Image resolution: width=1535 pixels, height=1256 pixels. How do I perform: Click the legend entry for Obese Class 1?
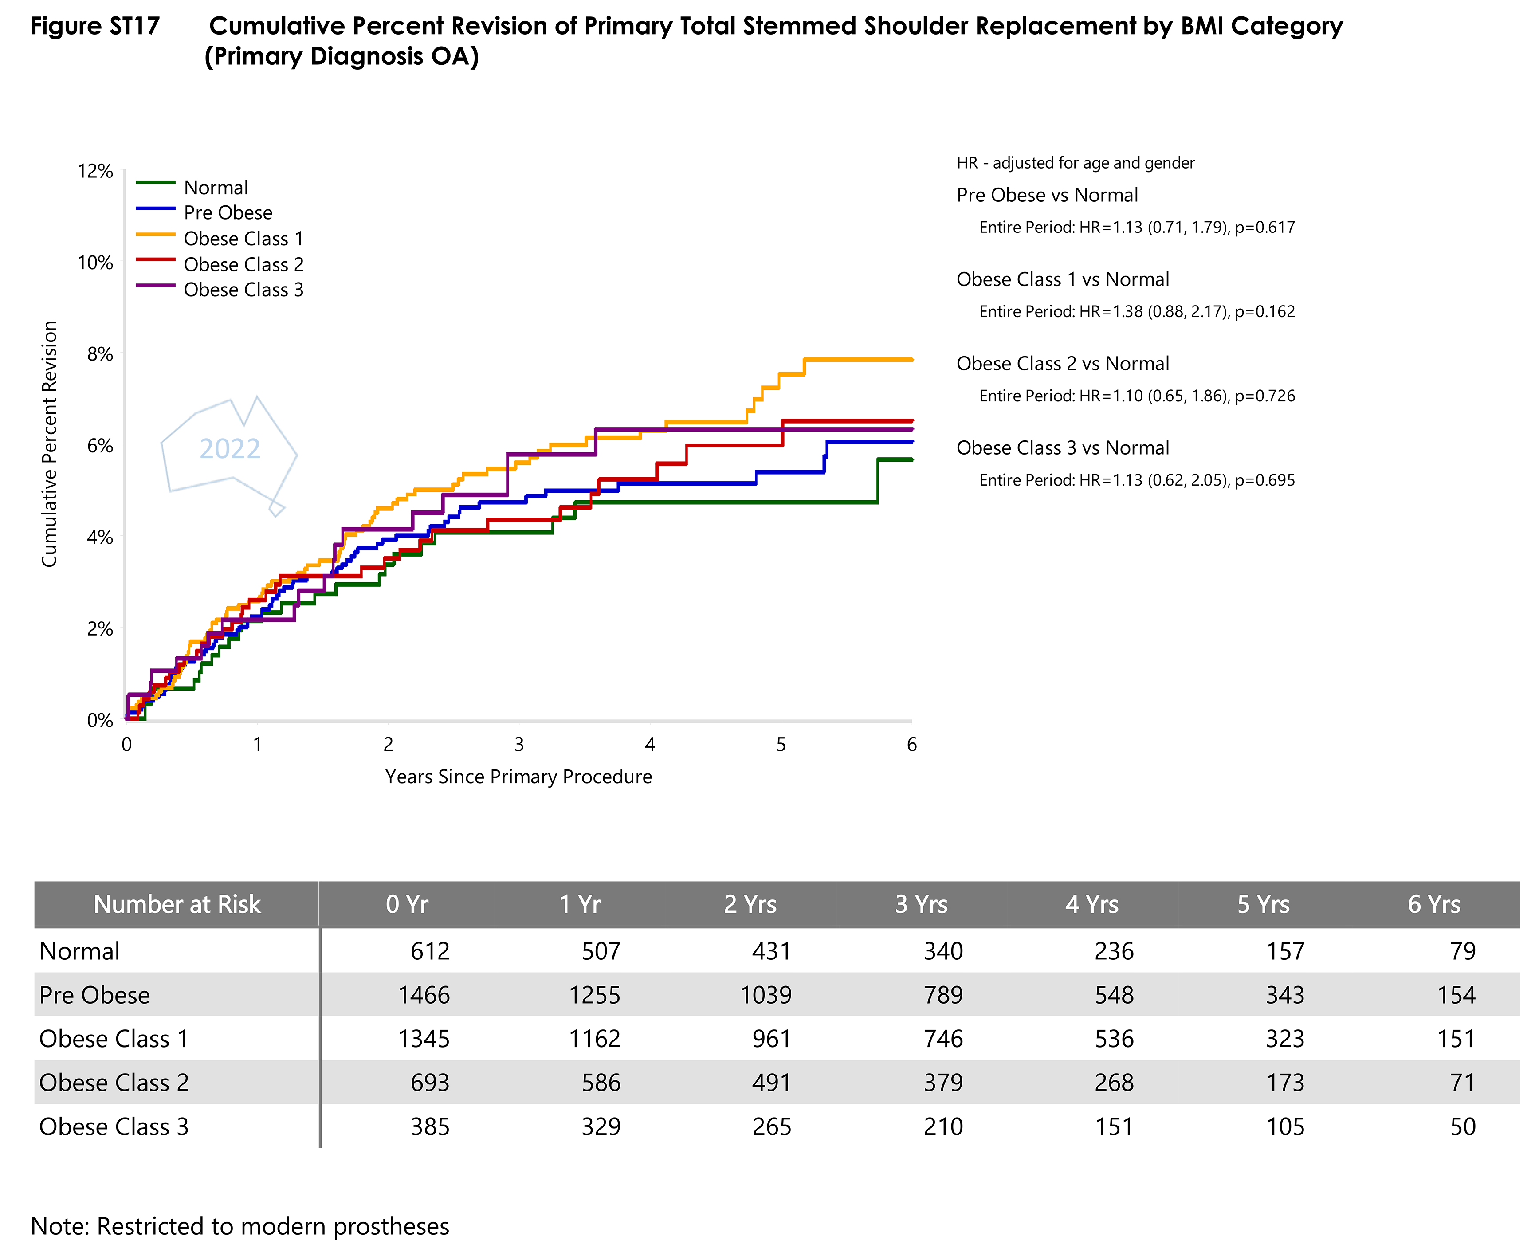point(243,239)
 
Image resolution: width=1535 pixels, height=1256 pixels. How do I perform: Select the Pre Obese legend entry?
point(228,213)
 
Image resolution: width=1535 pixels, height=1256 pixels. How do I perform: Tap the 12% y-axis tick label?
point(95,172)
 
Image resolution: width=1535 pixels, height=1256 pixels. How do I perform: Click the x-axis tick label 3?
point(518,745)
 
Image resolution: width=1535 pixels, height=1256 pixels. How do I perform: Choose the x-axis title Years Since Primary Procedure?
point(518,777)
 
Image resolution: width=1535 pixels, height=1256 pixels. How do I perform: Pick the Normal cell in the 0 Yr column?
point(430,951)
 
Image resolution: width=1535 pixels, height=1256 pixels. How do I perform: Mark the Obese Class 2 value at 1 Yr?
point(601,1082)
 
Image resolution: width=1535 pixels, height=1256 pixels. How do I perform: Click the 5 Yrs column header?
point(1263,904)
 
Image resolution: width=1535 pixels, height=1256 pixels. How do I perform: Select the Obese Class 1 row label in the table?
point(114,1039)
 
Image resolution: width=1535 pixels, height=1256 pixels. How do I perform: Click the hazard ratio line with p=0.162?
point(1136,312)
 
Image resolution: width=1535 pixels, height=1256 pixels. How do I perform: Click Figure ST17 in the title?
point(95,26)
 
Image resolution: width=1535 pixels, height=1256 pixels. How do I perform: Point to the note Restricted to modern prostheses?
point(239,1226)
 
